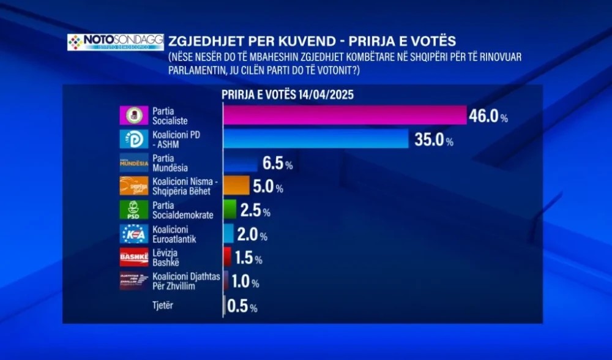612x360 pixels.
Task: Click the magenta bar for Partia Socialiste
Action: coord(345,115)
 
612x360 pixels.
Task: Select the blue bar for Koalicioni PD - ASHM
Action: coord(315,139)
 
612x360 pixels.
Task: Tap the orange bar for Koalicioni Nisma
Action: coord(236,186)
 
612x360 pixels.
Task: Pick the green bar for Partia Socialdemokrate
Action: coord(229,209)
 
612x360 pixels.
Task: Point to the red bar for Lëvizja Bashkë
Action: coord(227,256)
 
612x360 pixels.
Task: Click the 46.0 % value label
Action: coord(488,116)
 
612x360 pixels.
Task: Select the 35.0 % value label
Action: coord(432,140)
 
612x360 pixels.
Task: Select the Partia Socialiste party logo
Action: coord(133,115)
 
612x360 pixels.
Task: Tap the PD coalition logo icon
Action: coord(133,139)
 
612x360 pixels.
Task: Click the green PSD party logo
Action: coord(133,209)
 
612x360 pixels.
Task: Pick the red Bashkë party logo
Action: coord(133,257)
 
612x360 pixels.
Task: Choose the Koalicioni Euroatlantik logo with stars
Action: coord(133,233)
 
